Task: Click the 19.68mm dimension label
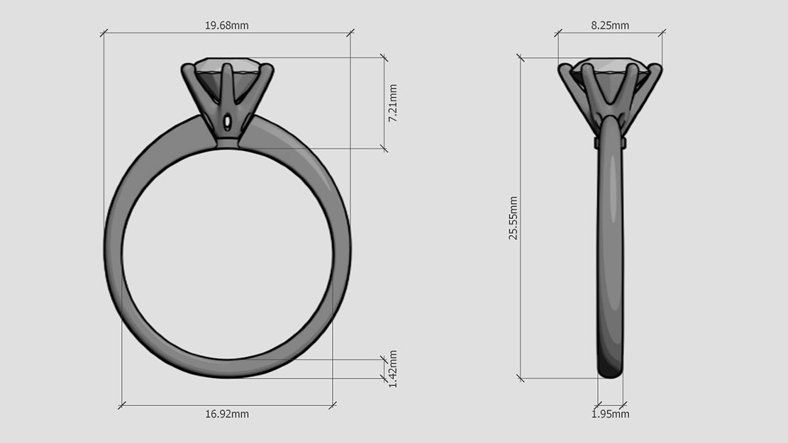tap(227, 26)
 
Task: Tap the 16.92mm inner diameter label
tap(227, 414)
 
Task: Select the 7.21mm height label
tap(393, 103)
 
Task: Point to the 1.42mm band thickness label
tap(393, 368)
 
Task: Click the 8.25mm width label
tap(610, 26)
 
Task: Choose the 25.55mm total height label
tap(513, 218)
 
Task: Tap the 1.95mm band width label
tap(610, 414)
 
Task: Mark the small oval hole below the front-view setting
tap(227, 123)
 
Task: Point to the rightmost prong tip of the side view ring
tap(656, 69)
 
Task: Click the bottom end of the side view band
tap(611, 371)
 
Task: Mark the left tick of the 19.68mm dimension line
tap(104, 33)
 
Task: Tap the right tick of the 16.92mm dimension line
tap(333, 405)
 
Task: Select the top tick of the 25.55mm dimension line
tap(521, 58)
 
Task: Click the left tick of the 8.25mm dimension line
tap(558, 33)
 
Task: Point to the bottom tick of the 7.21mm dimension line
tap(384, 149)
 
